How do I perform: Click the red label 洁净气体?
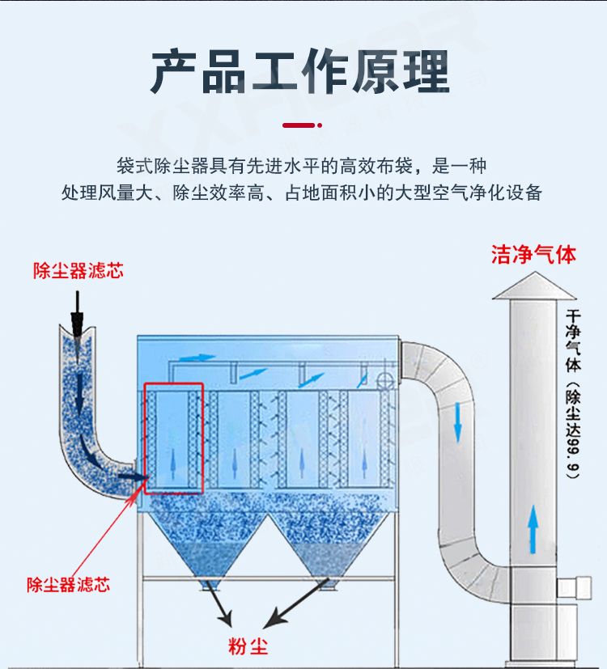533,254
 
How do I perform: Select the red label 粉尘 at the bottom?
248,646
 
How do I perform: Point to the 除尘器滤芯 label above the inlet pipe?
78,271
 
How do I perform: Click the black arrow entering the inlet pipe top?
77,317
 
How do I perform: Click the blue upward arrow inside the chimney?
533,526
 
